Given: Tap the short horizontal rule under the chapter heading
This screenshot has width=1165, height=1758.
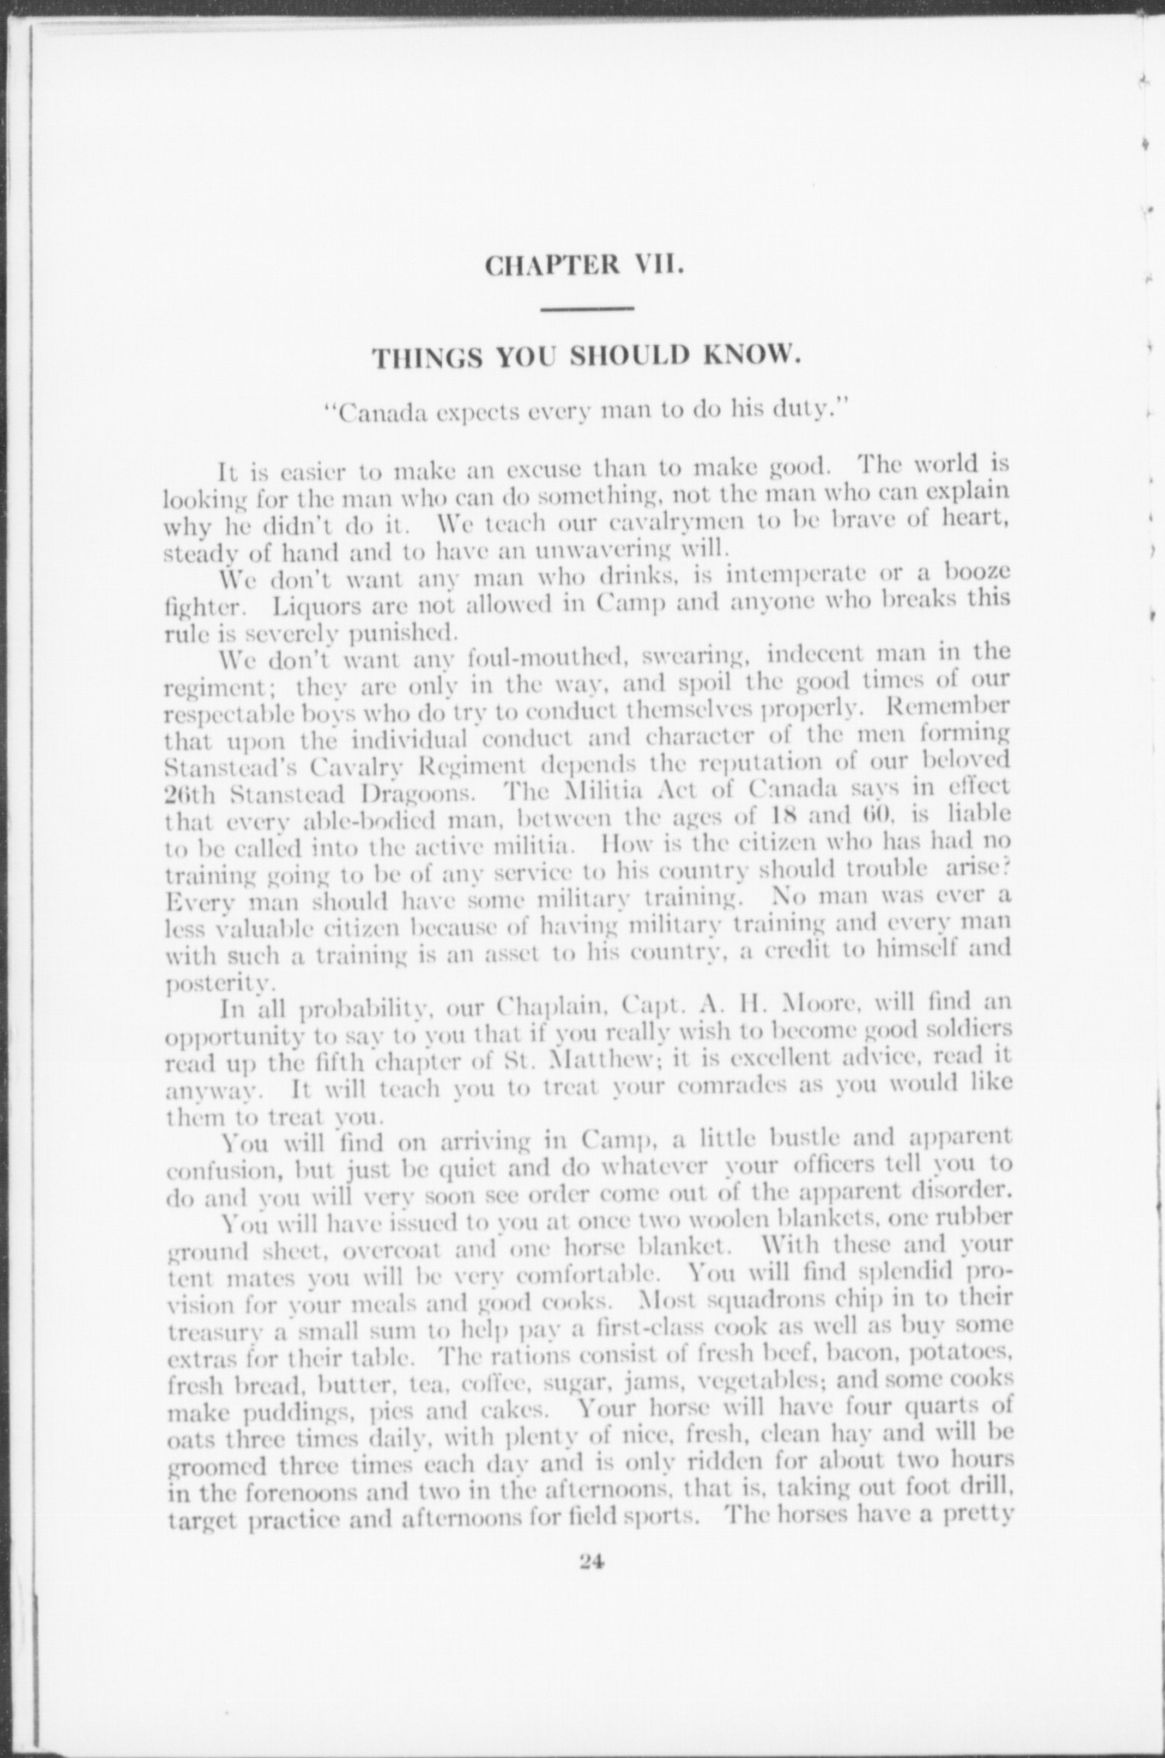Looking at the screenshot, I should [587, 308].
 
